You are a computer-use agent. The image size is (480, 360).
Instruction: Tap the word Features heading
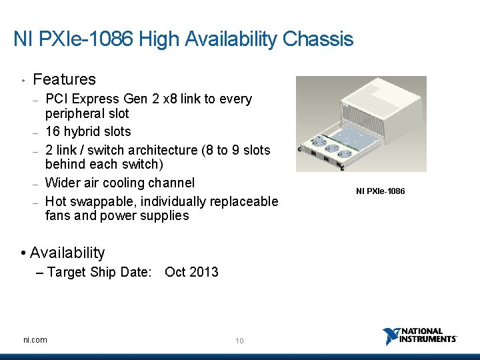(x=64, y=79)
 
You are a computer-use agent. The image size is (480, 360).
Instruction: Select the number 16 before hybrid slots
(x=52, y=131)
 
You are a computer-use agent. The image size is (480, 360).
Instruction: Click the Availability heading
(x=67, y=253)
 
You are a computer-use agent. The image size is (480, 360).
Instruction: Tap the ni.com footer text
(x=35, y=340)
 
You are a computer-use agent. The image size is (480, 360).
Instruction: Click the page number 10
(x=239, y=341)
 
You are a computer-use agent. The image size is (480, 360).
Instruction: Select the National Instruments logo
(x=420, y=336)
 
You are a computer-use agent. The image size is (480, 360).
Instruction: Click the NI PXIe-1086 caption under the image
(x=380, y=192)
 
